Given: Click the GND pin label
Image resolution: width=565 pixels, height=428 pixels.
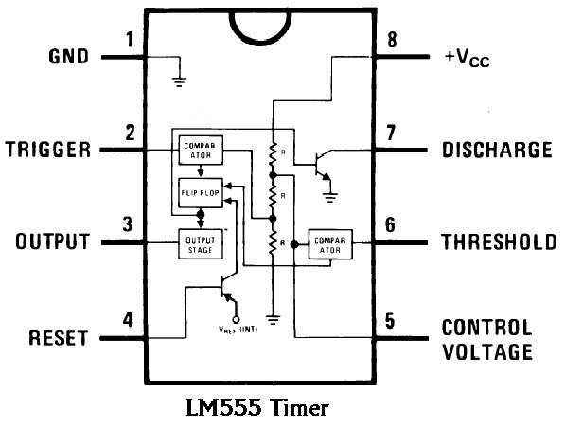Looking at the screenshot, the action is pos(68,57).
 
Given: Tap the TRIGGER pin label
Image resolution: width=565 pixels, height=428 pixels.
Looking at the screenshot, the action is pos(48,150).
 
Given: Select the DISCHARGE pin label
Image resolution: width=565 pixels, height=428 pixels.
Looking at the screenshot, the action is pos(497,150).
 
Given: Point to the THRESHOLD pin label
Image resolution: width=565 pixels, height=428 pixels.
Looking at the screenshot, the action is pos(499,241).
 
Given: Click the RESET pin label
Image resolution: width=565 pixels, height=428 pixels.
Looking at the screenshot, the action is pos(59,338).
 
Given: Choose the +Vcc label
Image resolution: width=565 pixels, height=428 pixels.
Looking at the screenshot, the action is pos(467,58).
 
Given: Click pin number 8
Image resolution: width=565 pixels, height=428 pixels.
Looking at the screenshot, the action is pos(392,40).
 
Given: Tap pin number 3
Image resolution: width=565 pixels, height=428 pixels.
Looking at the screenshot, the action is pos(128,223).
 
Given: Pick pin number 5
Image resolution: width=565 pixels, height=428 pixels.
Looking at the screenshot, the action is pos(390,321).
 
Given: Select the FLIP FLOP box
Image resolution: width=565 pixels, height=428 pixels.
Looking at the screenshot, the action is pos(201,193).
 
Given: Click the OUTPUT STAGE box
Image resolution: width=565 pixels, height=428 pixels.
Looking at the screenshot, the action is pos(201,244).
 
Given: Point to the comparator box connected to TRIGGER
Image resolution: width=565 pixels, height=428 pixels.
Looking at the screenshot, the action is pos(201,151).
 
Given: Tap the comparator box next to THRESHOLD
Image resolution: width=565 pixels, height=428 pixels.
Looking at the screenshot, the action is pos(330,244).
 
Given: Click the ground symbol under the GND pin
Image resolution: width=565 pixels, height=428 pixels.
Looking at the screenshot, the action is pos(179,82).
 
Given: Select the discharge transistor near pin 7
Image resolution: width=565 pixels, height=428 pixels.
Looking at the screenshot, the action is pos(324,165).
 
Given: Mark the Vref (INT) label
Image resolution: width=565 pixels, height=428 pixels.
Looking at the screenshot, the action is pos(238,330).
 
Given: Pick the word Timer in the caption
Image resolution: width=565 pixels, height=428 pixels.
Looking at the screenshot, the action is pos(299,408).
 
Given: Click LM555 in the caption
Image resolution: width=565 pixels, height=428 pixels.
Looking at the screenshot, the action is pos(223,408).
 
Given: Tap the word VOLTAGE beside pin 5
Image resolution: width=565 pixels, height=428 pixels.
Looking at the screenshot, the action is pos(487,352).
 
